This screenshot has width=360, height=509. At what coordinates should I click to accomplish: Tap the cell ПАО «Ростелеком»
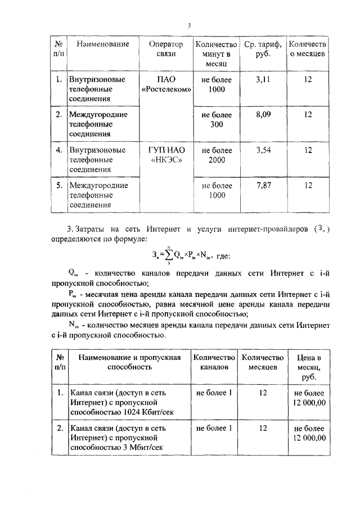click(166, 84)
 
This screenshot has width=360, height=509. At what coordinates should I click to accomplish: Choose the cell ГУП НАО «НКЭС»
click(166, 155)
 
